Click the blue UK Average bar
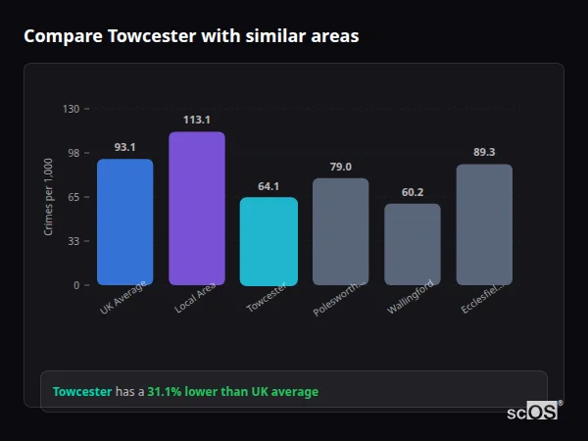(124, 221)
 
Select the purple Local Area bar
(196, 209)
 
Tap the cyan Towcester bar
(269, 241)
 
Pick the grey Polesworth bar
(340, 231)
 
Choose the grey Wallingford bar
(412, 244)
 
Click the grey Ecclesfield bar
(484, 224)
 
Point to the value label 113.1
(196, 120)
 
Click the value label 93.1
(124, 147)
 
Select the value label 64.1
(269, 186)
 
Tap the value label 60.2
(412, 192)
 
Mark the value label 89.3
(484, 152)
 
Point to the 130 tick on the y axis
(71, 109)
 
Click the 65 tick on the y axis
(73, 197)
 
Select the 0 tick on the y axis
(76, 285)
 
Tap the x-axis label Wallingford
(410, 297)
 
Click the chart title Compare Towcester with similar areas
(191, 36)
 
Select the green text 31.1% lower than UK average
(232, 392)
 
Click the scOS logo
(533, 413)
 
